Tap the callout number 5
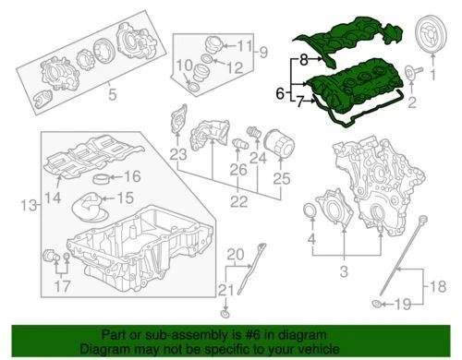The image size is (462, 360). (x=113, y=92)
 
